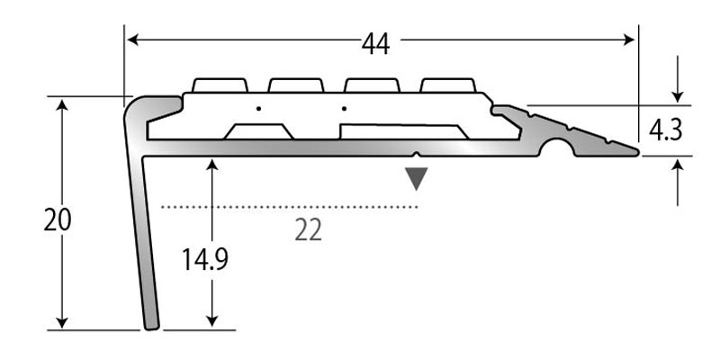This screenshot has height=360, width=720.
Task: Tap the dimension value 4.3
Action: point(664,130)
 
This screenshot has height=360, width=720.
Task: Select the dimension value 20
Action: point(57,220)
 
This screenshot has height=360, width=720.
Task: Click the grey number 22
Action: point(308,231)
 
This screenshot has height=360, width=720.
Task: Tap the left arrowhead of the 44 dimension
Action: point(131,39)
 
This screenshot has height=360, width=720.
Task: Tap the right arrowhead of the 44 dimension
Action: point(631,39)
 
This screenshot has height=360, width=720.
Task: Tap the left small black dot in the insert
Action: point(257,108)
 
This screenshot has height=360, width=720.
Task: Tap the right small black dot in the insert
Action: point(344,108)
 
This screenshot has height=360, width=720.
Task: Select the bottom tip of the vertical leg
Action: point(150,326)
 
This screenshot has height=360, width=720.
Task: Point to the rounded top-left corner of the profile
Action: point(131,105)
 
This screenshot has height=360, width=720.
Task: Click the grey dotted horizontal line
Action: point(288,207)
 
